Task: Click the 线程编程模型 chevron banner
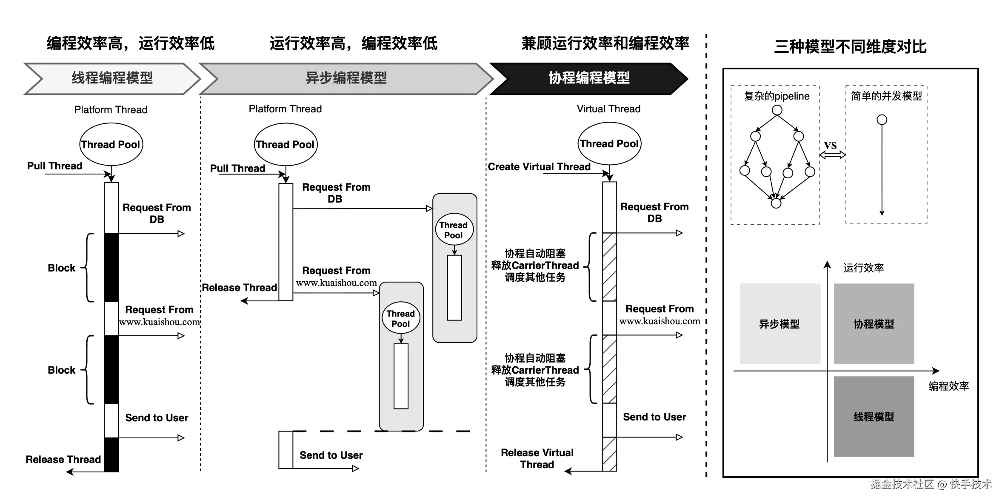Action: coord(112,78)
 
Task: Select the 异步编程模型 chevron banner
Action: coord(346,78)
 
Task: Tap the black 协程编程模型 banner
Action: coord(589,78)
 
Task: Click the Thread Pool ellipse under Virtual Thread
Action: coord(609,144)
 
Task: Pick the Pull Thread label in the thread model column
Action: coord(55,166)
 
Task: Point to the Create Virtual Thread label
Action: coord(539,167)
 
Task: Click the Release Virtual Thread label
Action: coord(537,459)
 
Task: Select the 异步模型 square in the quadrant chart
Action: coord(780,324)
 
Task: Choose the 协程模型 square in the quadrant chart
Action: coord(874,324)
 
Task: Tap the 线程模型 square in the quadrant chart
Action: coord(874,417)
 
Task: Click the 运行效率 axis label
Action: coord(864,268)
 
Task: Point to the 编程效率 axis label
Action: coord(949,386)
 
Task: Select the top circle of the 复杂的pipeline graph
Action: coord(777,110)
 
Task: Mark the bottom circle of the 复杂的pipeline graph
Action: coord(776,203)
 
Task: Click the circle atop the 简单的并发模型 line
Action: coord(882,120)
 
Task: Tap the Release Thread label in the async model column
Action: coord(239,288)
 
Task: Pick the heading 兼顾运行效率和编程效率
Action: coord(605,43)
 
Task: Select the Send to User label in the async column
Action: coord(331,455)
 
